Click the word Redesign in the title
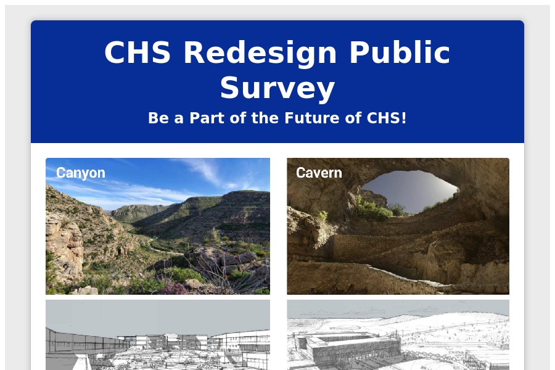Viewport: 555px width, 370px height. click(260, 53)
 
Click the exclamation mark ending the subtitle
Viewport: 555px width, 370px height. click(404, 118)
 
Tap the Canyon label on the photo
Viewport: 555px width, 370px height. click(81, 173)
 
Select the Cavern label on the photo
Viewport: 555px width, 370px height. click(319, 173)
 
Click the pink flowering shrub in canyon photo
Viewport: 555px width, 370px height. click(175, 288)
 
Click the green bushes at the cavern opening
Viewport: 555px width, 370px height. click(374, 209)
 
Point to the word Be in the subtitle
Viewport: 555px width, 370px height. click(158, 118)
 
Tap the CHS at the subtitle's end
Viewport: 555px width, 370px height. click(384, 118)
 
